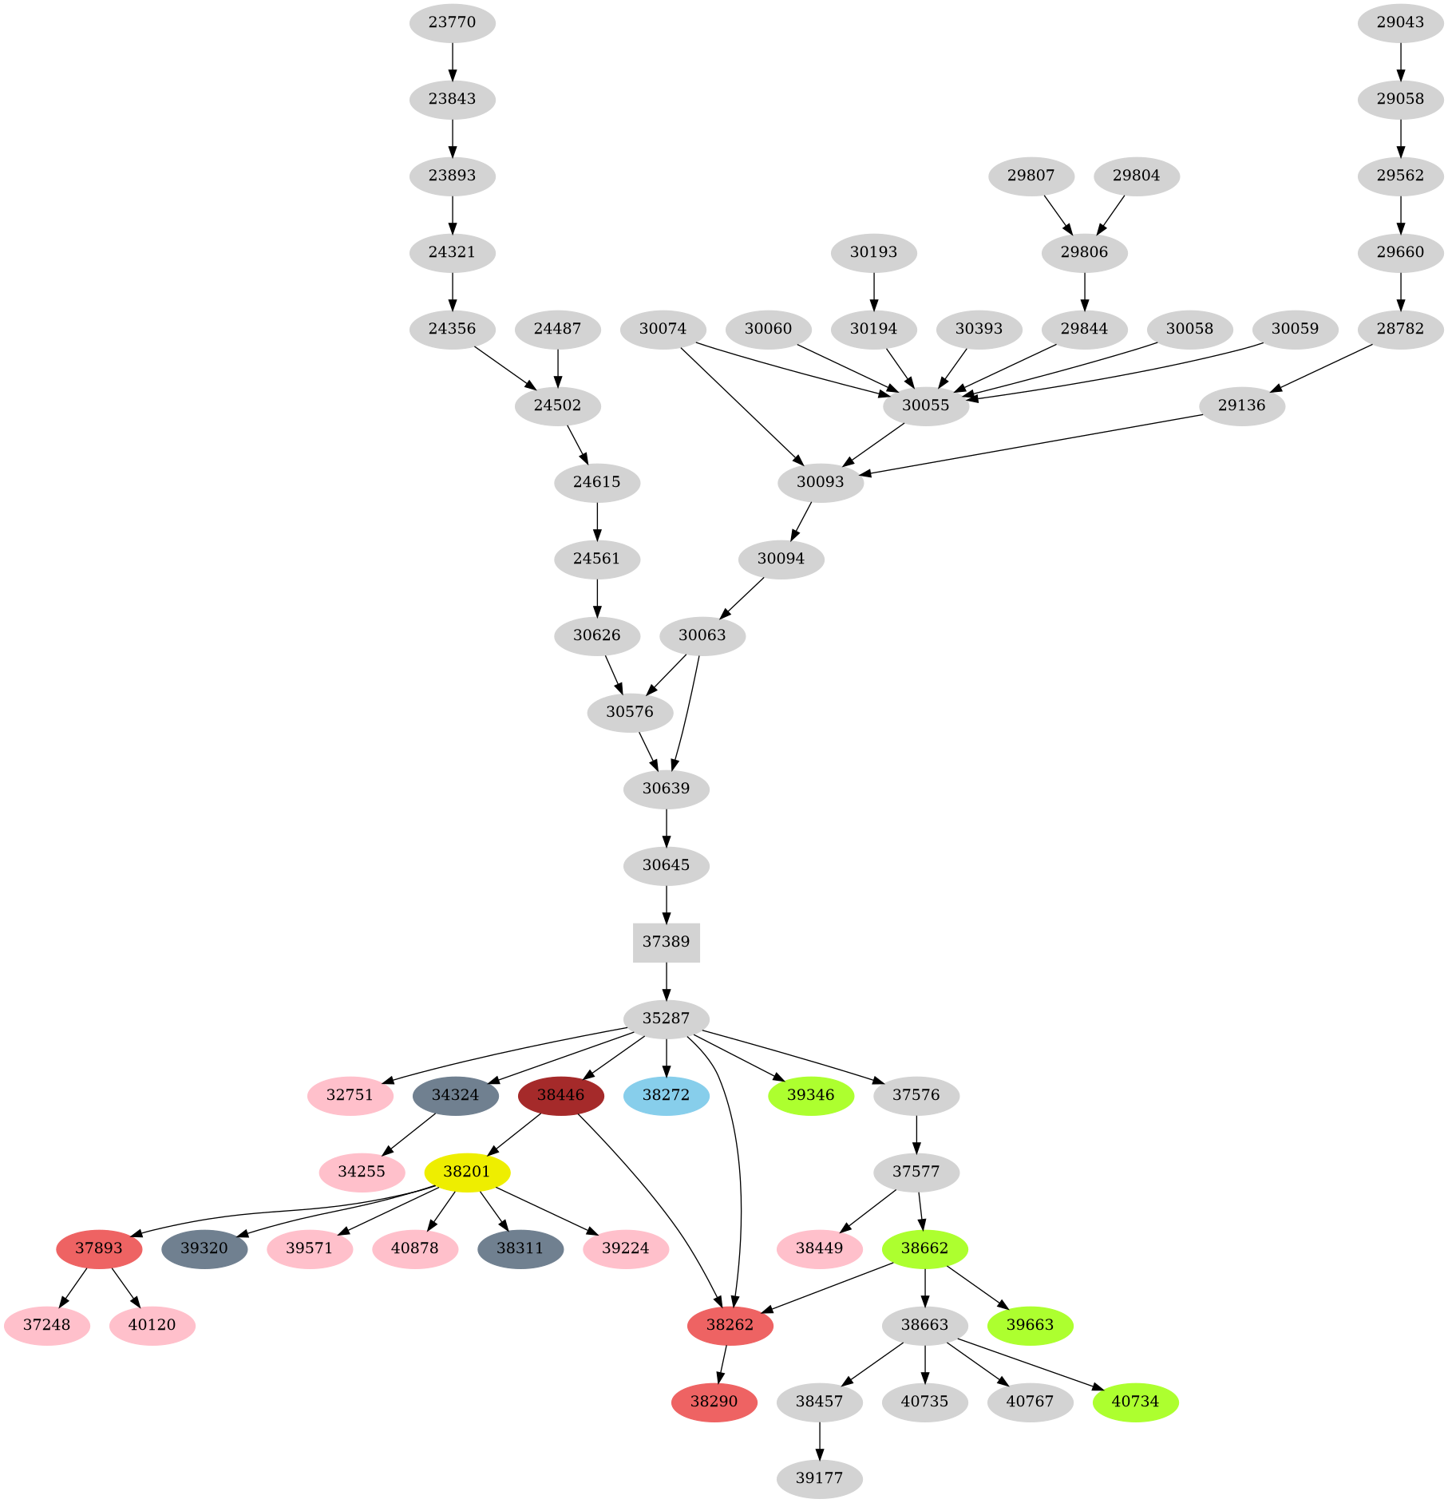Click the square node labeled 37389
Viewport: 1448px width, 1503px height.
coord(666,942)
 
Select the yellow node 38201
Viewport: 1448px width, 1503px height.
coord(467,1172)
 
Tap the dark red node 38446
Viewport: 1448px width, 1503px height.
coord(560,1095)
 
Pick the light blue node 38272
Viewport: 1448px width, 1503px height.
coord(666,1095)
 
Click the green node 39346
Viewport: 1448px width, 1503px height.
coord(810,1095)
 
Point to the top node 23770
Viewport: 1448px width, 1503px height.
coord(452,22)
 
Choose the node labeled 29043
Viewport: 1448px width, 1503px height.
coord(1400,22)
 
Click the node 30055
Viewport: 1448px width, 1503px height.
coord(925,405)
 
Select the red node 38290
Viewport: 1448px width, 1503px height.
coord(714,1402)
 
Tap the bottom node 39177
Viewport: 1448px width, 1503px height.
coord(819,1478)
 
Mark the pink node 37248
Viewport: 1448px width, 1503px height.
coord(46,1325)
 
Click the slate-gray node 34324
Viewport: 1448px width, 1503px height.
coord(455,1095)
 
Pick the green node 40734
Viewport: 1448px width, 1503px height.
coord(1135,1402)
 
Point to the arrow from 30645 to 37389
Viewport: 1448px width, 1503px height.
coord(666,904)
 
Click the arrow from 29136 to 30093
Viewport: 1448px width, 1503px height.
coord(1030,445)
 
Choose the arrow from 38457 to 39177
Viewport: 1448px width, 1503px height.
coord(819,1440)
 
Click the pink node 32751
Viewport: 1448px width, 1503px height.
coord(350,1095)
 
